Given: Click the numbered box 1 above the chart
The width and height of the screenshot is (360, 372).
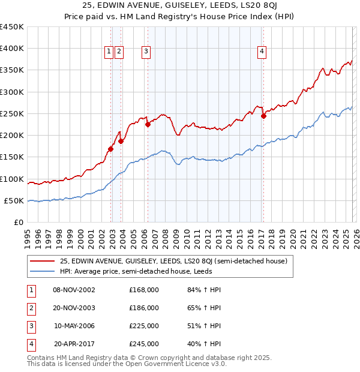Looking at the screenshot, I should [109, 52].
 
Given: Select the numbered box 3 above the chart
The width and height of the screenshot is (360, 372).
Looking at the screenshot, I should [146, 52].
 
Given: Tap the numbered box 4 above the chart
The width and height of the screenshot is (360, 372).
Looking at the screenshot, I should [262, 52].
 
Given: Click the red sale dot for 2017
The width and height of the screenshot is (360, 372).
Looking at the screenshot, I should [263, 116].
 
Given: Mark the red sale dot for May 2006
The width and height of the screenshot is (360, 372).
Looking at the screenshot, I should [148, 125].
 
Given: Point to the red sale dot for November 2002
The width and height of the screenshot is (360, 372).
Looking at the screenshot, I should [111, 149].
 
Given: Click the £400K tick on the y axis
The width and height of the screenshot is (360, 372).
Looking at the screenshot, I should [12, 49].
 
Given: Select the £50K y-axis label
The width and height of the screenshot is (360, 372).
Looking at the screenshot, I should [14, 200].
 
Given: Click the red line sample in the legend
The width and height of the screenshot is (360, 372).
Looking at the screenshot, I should [42, 261].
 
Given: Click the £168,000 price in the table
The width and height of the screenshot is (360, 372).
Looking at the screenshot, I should [144, 290].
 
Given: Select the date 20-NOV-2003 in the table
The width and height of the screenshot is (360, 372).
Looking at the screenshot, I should [74, 308].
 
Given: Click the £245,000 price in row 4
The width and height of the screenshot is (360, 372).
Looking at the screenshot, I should [144, 344].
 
